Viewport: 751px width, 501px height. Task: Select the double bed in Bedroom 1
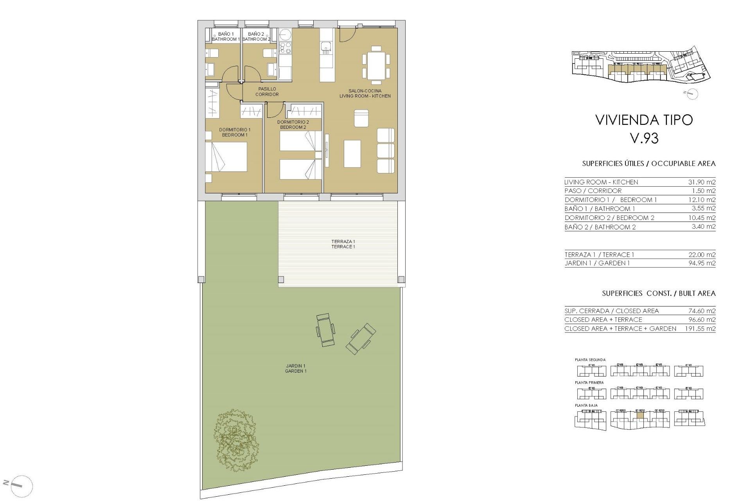point(226,157)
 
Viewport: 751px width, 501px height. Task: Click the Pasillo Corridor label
point(267,92)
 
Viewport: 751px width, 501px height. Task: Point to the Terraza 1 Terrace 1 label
point(343,244)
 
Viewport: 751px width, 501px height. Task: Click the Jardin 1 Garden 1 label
point(296,368)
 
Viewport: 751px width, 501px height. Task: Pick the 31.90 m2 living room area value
point(702,182)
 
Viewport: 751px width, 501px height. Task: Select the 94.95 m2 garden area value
point(702,263)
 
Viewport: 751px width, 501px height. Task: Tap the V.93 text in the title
point(644,138)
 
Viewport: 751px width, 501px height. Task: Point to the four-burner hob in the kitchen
point(285,48)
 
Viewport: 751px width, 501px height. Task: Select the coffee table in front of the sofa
point(352,154)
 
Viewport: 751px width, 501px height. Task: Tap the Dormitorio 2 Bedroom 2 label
point(293,124)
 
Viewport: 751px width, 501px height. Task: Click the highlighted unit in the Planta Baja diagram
point(640,416)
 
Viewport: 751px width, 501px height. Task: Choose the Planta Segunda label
point(590,360)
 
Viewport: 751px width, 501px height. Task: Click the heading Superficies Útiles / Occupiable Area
point(649,164)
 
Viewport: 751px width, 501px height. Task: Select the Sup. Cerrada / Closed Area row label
point(611,311)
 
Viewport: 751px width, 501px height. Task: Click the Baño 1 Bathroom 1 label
point(226,36)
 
